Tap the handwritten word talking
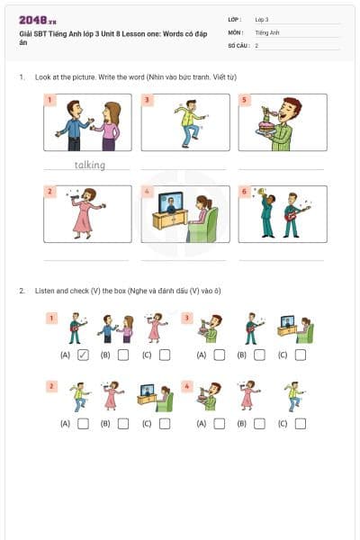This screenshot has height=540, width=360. (x=89, y=165)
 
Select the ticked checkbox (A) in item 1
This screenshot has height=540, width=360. (x=83, y=355)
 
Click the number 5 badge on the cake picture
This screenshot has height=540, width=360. (x=245, y=101)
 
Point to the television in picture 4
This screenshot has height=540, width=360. (x=169, y=204)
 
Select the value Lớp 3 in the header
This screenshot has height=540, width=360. (x=262, y=19)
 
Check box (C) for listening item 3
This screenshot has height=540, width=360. (x=300, y=355)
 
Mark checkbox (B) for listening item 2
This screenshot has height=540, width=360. (x=123, y=423)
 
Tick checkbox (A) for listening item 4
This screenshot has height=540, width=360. (x=219, y=423)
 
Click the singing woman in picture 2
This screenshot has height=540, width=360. (x=84, y=213)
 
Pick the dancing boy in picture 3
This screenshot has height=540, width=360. (x=190, y=121)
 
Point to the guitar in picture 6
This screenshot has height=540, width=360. (x=292, y=215)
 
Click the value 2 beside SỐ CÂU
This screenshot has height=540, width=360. (x=256, y=45)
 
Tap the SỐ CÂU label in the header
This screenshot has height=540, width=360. (x=238, y=45)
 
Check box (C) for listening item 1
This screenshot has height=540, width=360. (x=164, y=355)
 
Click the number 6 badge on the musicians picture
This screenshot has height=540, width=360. (x=245, y=192)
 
